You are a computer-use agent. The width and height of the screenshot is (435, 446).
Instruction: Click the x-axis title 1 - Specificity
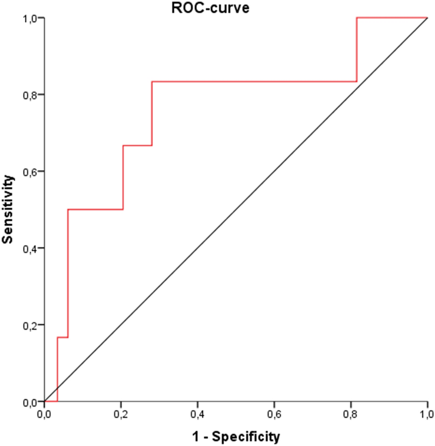236,436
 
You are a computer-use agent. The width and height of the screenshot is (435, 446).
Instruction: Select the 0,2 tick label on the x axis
121,412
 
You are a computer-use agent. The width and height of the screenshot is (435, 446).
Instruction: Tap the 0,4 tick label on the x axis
198,412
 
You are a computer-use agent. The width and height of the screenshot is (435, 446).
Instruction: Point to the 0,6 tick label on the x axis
274,412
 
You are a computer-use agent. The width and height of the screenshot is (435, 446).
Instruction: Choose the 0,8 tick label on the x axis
351,412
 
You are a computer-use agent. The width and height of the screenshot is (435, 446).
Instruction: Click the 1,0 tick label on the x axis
427,412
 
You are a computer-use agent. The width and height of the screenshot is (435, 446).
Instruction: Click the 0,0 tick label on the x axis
45,412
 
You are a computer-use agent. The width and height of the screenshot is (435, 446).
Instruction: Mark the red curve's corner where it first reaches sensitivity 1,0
357,18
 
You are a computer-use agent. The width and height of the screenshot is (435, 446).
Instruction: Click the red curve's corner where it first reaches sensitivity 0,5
68,210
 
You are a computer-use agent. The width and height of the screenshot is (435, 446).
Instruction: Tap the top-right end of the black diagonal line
428,18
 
